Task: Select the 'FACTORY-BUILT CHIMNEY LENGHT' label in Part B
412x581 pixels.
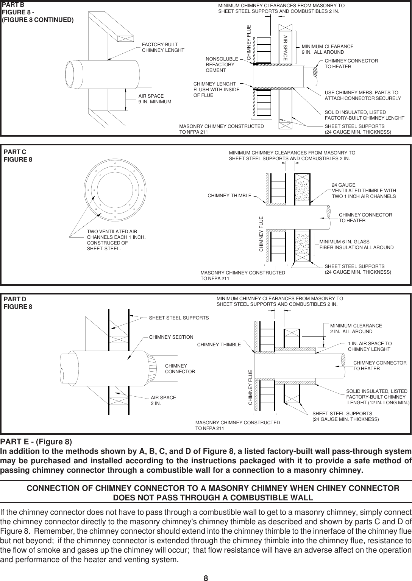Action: (x=163, y=47)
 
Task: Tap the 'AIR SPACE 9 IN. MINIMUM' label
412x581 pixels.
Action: (x=154, y=99)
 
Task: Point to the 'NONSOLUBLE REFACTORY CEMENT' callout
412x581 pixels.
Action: (x=222, y=65)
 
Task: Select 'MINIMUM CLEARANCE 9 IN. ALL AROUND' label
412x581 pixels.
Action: (x=327, y=49)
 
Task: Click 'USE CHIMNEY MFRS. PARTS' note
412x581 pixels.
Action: (x=362, y=95)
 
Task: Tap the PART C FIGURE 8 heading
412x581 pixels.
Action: (x=18, y=156)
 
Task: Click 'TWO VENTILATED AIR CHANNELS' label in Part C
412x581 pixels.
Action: (x=116, y=240)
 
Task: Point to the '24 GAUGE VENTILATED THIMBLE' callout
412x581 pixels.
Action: (x=364, y=191)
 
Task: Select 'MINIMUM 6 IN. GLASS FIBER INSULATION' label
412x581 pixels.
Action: (x=356, y=245)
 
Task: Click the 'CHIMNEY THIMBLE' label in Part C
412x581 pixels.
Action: (x=229, y=196)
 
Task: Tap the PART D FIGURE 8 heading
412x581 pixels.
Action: (x=18, y=303)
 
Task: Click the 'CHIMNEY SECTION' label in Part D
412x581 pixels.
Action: (x=171, y=337)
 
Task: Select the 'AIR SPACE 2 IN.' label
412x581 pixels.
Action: (x=163, y=400)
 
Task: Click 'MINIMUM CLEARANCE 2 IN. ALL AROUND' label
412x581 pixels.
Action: (x=356, y=329)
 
